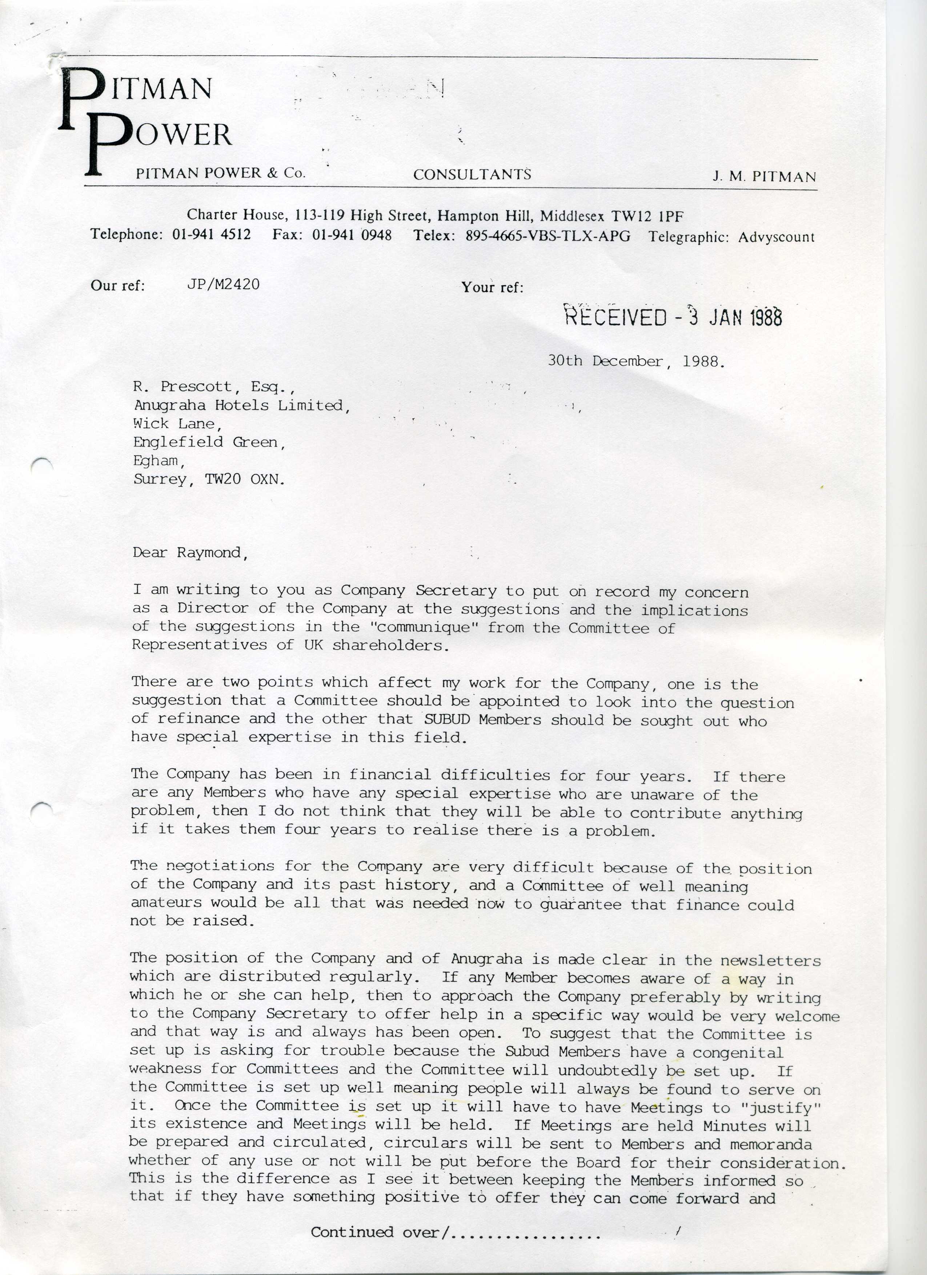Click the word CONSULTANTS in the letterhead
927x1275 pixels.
click(x=472, y=175)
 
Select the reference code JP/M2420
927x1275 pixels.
click(x=223, y=285)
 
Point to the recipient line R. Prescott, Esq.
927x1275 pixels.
click(x=214, y=387)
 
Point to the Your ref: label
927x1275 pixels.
click(x=492, y=287)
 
